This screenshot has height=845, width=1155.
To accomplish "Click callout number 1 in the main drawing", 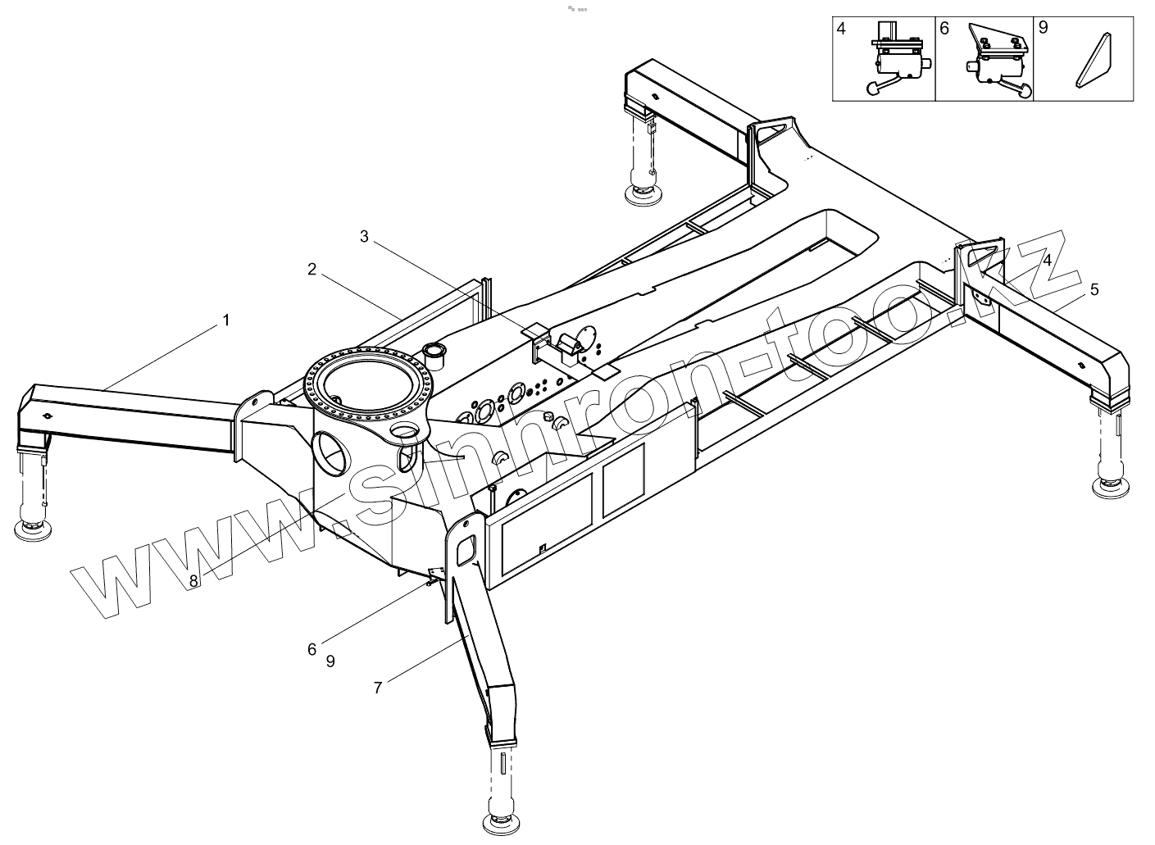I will tap(226, 320).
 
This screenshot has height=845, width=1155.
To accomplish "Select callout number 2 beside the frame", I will tap(312, 269).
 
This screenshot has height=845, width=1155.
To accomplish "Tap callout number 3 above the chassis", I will tap(365, 237).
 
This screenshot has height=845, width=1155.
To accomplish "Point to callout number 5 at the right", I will tap(1094, 289).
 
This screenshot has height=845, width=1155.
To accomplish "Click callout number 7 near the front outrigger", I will tap(378, 688).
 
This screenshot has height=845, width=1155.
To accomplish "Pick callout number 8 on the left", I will tap(193, 580).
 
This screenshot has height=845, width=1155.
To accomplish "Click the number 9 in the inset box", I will tap(1044, 28).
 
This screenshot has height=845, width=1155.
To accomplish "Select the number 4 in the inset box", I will tap(842, 28).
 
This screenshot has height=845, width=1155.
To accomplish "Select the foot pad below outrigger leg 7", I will tap(502, 821).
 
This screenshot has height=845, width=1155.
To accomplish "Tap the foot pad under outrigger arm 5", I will tap(1112, 488).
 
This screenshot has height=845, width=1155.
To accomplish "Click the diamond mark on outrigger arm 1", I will tap(50, 416).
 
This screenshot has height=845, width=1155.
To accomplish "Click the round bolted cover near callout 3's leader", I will tap(587, 339).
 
